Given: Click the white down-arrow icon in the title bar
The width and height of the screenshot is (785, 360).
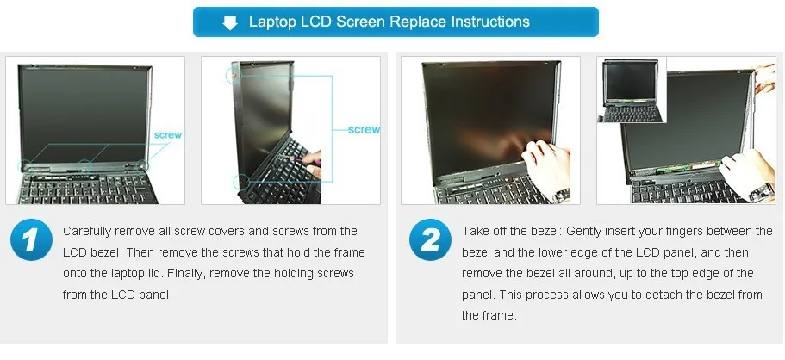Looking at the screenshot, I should pyautogui.click(x=230, y=22).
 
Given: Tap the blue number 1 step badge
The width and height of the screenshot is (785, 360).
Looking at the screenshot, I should pyautogui.click(x=31, y=240).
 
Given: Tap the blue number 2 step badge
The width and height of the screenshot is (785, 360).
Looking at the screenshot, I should pyautogui.click(x=430, y=240).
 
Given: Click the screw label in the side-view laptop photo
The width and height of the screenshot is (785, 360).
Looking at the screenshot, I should pyautogui.click(x=363, y=130).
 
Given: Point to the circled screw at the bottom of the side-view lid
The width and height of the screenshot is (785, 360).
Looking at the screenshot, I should pyautogui.click(x=240, y=181).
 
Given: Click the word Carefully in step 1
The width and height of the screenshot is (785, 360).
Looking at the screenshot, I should pyautogui.click(x=90, y=232).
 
